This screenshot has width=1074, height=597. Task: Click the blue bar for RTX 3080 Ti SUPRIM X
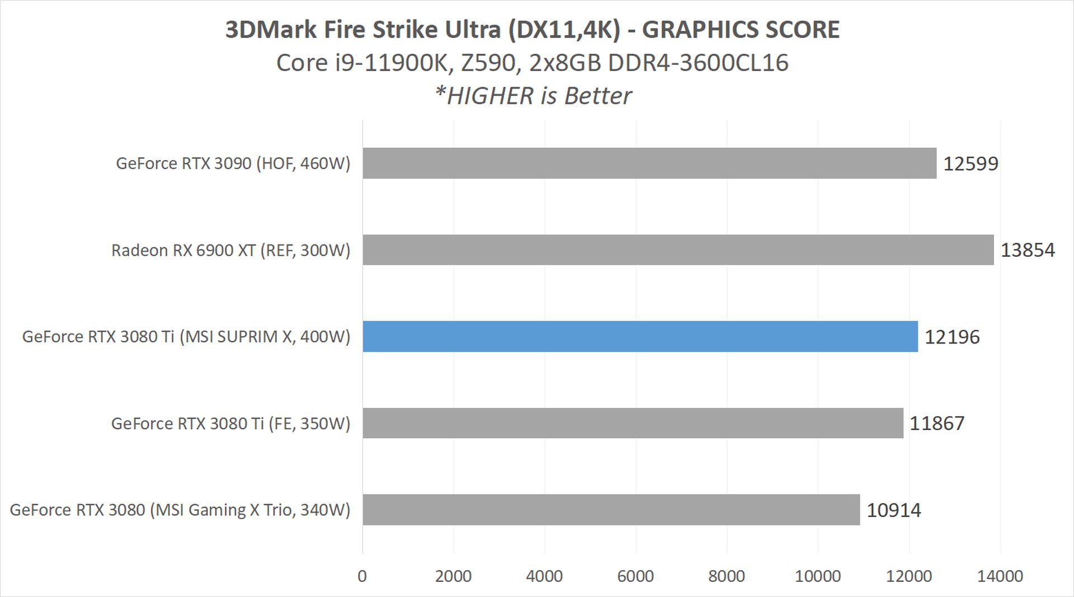(640, 336)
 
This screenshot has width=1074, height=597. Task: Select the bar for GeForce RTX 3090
(649, 163)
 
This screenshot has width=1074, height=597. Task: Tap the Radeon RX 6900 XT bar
(678, 250)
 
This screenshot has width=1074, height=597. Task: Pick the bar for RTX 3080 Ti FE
(633, 423)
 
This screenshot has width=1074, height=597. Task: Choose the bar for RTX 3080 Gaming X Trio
(611, 510)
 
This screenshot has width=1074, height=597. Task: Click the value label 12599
(971, 163)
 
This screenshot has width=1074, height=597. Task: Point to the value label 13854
(1028, 250)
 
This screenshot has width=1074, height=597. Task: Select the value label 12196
(952, 337)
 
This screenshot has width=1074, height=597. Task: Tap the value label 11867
(937, 423)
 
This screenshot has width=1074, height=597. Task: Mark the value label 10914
(893, 510)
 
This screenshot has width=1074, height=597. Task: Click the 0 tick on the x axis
(362, 576)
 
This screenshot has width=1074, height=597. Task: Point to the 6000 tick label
(635, 576)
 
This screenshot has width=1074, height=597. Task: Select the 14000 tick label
(1000, 576)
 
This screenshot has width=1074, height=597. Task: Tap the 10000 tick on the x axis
(818, 576)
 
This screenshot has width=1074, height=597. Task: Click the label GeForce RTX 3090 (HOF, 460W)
(233, 163)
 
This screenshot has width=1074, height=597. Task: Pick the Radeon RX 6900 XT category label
(230, 250)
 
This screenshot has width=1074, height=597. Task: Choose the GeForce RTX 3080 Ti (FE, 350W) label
(230, 424)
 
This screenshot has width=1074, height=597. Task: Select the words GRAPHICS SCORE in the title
(741, 30)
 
